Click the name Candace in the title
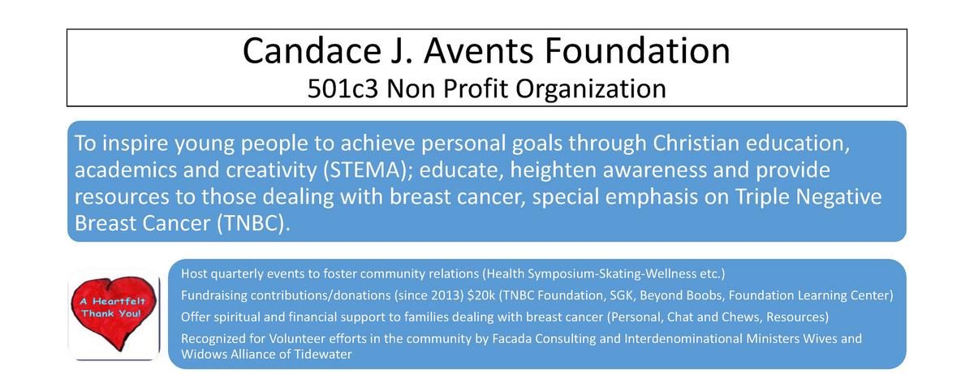pyautogui.click(x=312, y=51)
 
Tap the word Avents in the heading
pyautogui.click(x=478, y=51)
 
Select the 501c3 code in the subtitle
pyautogui.click(x=343, y=88)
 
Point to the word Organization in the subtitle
pyautogui.click(x=591, y=89)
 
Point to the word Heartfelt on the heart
pyautogui.click(x=119, y=301)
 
